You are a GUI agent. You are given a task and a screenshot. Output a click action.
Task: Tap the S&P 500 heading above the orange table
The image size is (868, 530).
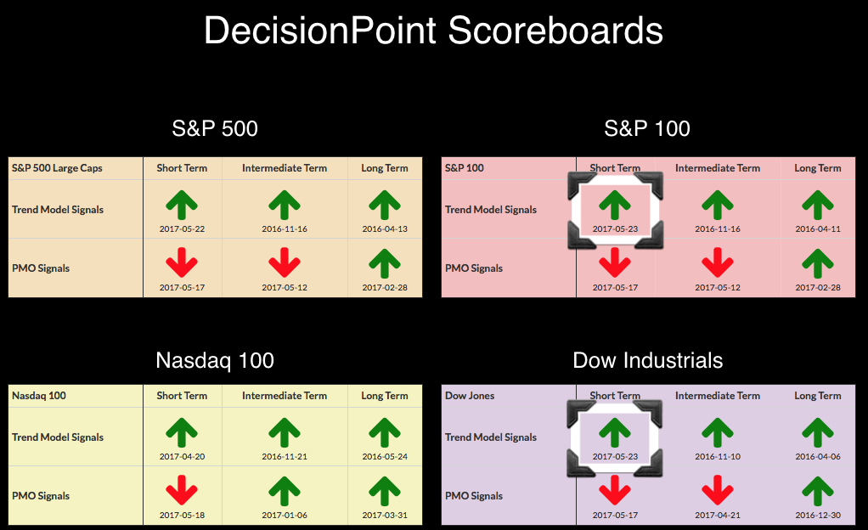click(215, 128)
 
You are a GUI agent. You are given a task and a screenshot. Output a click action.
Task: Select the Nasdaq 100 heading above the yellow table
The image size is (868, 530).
click(215, 360)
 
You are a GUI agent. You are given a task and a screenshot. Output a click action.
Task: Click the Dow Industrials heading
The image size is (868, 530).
click(648, 360)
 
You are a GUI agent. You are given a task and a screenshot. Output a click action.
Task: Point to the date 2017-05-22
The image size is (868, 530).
click(182, 228)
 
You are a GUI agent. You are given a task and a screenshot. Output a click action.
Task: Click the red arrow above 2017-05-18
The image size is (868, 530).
click(182, 490)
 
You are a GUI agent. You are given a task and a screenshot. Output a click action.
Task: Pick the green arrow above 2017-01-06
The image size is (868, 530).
click(285, 490)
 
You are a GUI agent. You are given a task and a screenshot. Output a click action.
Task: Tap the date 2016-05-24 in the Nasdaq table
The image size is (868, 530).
click(385, 456)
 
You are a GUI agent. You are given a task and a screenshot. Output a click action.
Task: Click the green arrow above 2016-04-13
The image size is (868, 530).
click(385, 206)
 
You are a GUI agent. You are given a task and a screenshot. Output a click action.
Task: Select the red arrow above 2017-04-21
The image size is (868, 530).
click(718, 490)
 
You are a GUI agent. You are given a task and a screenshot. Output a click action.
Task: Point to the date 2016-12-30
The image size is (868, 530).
click(818, 515)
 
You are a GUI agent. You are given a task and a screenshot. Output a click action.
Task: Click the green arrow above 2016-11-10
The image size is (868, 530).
click(718, 432)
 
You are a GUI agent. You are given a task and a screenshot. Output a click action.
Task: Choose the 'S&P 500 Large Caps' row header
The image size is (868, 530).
click(57, 168)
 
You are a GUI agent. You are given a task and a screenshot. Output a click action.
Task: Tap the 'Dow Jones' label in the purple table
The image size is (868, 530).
click(470, 396)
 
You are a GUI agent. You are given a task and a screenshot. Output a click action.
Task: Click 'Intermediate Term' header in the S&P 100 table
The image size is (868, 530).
click(718, 168)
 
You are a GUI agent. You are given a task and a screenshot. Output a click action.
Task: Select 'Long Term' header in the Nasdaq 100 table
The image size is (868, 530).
click(385, 396)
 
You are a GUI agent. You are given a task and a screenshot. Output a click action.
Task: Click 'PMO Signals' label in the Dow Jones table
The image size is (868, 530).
click(474, 496)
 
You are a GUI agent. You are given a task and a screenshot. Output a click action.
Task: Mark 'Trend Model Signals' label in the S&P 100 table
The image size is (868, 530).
click(491, 209)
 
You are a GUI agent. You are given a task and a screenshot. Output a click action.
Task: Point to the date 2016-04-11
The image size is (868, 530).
click(818, 228)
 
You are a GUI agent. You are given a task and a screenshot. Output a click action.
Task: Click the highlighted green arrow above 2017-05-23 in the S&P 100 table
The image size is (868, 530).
click(615, 206)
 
